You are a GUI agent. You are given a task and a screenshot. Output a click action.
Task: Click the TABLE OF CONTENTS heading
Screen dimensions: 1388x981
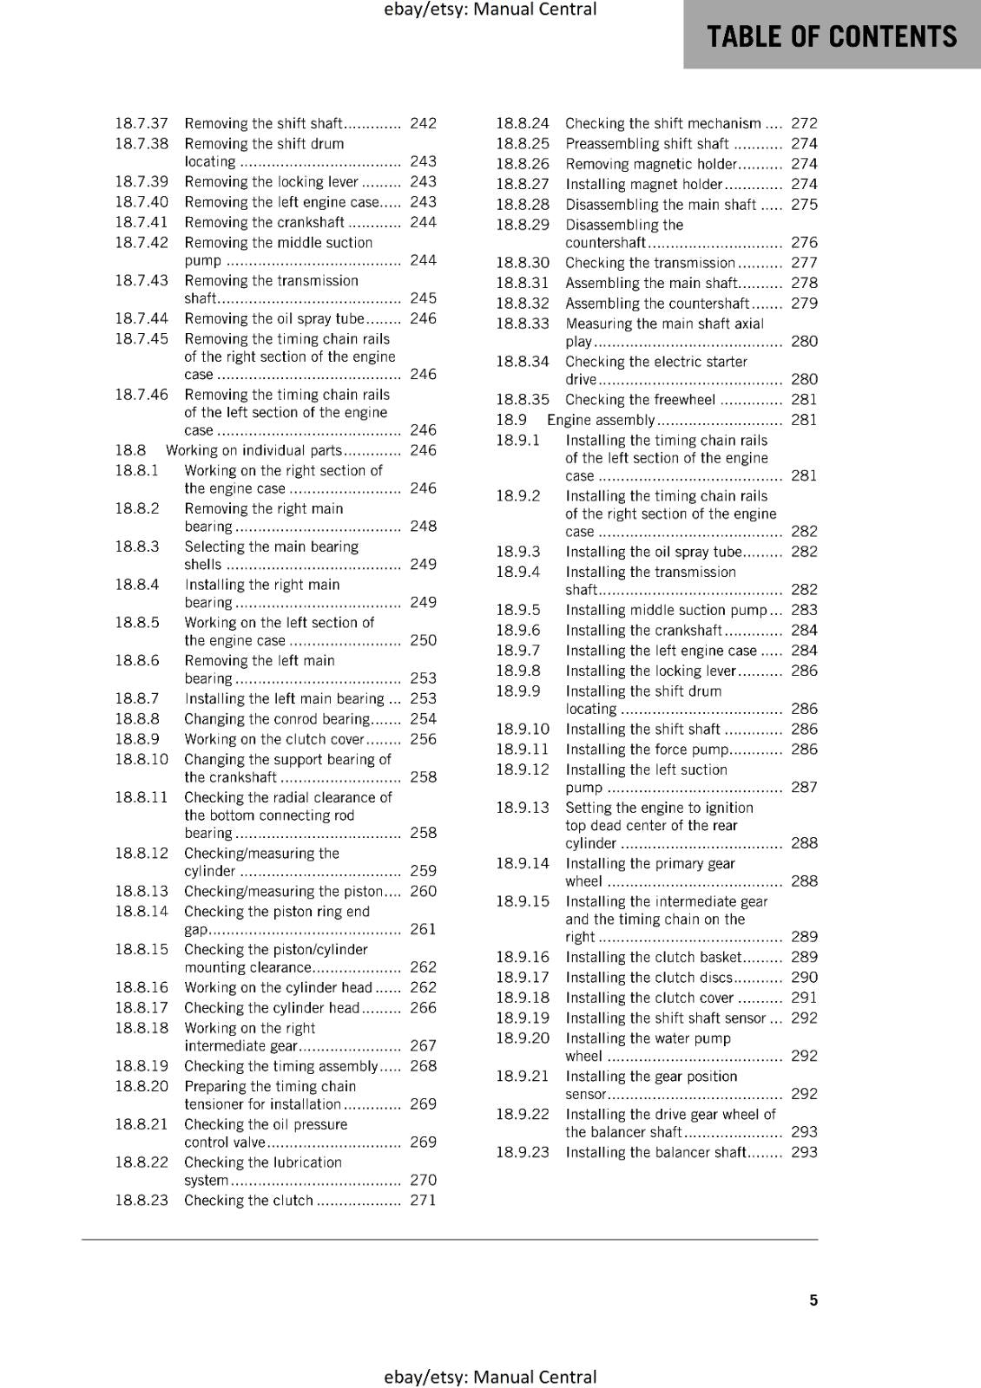pos(832,36)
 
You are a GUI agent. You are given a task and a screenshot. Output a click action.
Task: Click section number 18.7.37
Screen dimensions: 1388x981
pos(142,123)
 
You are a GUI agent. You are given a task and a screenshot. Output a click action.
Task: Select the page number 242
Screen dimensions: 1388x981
pos(423,123)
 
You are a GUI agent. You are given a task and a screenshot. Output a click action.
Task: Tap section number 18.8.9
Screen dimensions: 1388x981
pos(137,739)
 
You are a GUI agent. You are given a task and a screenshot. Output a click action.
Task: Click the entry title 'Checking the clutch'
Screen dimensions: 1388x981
pos(248,1200)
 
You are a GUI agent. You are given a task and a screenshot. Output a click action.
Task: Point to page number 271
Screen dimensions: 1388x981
pos(423,1200)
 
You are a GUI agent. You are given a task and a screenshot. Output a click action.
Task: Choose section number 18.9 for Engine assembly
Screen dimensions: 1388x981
pos(510,420)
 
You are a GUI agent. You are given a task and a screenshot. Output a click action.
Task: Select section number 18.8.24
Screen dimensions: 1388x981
pos(523,123)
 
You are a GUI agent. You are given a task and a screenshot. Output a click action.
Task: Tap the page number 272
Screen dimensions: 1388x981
pos(804,123)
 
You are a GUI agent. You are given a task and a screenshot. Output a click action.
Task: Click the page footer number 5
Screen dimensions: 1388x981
pos(813,1300)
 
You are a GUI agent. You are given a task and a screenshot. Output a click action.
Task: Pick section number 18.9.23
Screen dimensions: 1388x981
pos(523,1152)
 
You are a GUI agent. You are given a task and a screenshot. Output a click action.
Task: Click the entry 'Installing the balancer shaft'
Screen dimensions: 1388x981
pos(655,1152)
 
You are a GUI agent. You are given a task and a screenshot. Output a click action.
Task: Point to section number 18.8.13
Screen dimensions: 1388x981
pos(142,891)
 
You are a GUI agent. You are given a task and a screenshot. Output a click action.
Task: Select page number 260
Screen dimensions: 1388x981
pos(423,891)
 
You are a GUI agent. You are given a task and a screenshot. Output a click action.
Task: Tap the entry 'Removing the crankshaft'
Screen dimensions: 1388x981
pos(264,222)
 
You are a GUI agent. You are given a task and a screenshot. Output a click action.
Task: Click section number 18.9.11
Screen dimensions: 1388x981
pos(523,750)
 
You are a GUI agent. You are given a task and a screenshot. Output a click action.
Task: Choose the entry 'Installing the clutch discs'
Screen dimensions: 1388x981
pos(649,977)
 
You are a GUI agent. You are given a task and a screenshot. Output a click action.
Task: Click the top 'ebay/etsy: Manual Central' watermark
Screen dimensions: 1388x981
pos(490,10)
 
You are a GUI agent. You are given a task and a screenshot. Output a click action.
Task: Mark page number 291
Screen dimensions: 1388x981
pos(804,998)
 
